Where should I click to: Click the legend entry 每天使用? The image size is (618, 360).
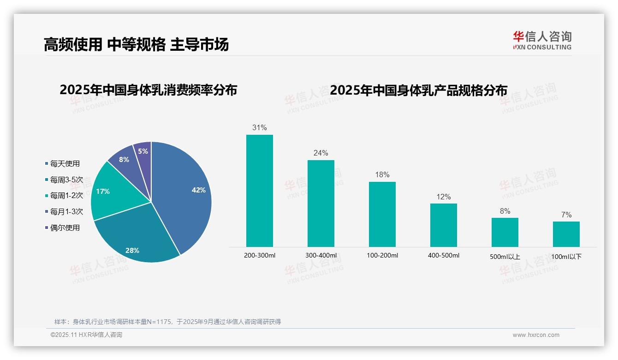point(65,163)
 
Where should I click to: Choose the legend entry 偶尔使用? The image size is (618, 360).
point(65,228)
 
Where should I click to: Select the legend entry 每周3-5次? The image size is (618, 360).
point(66,180)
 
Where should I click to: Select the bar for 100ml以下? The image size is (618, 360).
point(566,234)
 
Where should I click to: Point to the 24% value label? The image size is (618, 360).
point(321,153)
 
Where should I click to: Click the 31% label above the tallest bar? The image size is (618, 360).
point(259,127)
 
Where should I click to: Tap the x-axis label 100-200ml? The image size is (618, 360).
point(382,255)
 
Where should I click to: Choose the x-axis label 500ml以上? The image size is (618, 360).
point(505,257)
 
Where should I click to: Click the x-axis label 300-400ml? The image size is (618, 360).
point(321,255)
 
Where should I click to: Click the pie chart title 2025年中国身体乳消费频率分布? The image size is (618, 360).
point(148,90)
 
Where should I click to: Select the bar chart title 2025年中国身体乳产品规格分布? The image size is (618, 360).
point(418,90)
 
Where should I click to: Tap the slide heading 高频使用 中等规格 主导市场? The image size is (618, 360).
point(136,44)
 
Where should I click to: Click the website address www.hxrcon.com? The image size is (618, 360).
point(536,335)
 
